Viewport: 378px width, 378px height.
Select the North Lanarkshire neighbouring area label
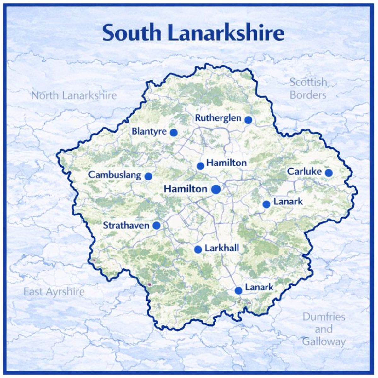tap(74, 95)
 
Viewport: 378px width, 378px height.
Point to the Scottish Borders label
tap(308, 89)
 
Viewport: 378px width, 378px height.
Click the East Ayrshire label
tap(54, 292)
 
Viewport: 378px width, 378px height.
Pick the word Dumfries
tap(324, 317)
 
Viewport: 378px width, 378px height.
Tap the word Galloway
tap(324, 341)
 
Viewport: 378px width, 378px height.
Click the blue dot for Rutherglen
tap(248, 120)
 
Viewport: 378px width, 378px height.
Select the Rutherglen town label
tap(218, 119)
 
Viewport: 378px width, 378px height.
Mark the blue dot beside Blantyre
tap(174, 133)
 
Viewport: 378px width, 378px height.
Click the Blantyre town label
tap(149, 131)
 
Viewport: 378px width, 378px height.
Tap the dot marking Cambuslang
tap(148, 176)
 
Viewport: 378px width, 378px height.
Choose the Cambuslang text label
tap(115, 175)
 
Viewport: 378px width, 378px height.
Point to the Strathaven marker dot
tap(156, 226)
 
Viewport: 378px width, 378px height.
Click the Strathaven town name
tap(126, 226)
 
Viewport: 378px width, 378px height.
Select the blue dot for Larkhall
tap(198, 249)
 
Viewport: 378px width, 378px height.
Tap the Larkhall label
tap(222, 248)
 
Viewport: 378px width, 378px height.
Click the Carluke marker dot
tap(329, 173)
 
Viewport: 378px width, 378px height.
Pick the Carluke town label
tap(304, 172)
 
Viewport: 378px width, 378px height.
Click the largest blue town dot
tap(216, 189)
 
